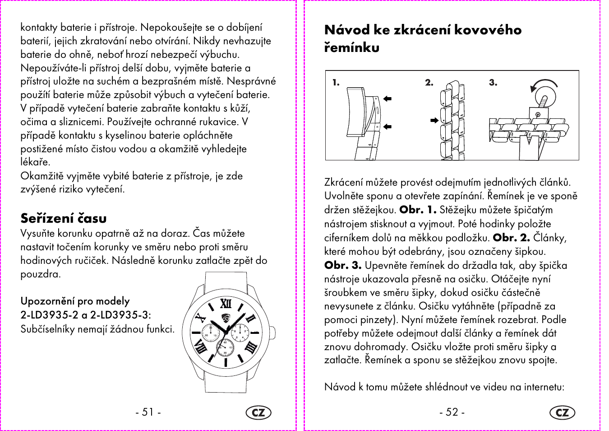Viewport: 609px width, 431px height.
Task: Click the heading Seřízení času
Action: pyautogui.click(x=64, y=218)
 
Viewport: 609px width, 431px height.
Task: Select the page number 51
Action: pyautogui.click(x=148, y=412)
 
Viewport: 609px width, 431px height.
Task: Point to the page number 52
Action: pyautogui.click(x=452, y=412)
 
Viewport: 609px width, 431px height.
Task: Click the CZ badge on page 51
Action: pyautogui.click(x=258, y=412)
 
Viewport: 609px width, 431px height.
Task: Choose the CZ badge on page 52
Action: pyautogui.click(x=563, y=412)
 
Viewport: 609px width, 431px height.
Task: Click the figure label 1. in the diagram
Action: pyautogui.click(x=336, y=83)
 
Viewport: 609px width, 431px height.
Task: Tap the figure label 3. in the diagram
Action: pyautogui.click(x=493, y=83)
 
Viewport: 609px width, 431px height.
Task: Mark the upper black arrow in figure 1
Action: pyautogui.click(x=387, y=98)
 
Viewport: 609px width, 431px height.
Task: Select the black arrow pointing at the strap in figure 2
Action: pyautogui.click(x=434, y=121)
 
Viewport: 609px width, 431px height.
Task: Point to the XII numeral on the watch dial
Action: pyautogui.click(x=226, y=303)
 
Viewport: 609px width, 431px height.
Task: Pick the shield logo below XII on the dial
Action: pyautogui.click(x=226, y=318)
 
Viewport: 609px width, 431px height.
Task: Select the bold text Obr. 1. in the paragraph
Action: pyautogui.click(x=418, y=210)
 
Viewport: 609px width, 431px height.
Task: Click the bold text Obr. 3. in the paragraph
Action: pyautogui.click(x=343, y=265)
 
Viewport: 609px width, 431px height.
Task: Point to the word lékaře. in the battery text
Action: pyautogui.click(x=35, y=162)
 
